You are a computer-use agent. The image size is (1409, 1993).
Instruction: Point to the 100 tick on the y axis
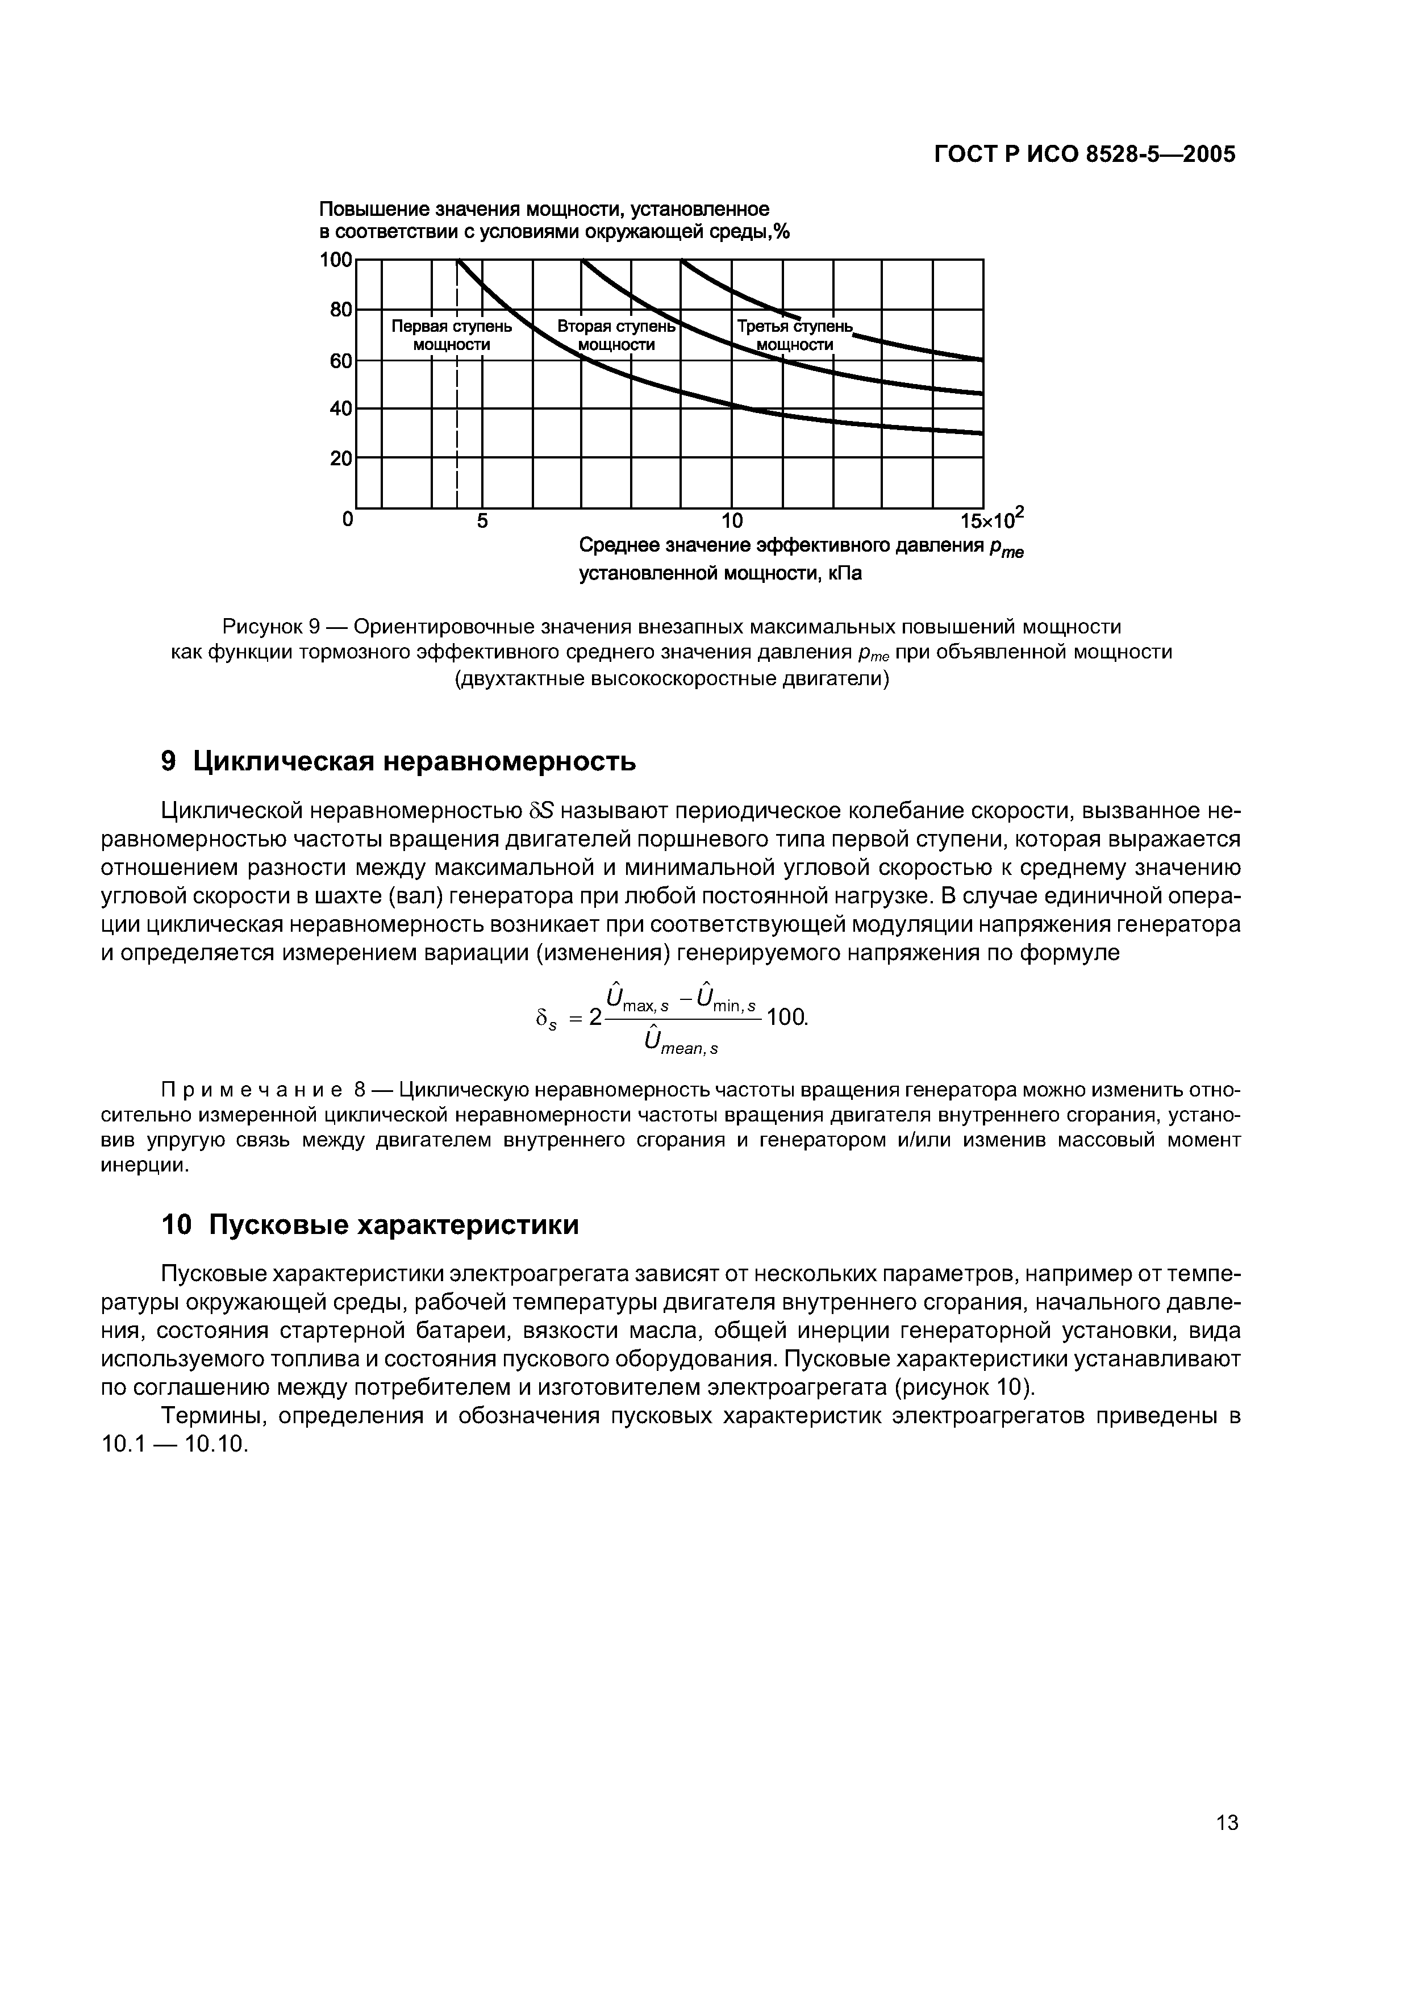coord(335,260)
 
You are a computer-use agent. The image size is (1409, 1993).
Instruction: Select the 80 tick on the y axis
coord(340,310)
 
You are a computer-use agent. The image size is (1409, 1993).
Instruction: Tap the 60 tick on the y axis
coord(340,360)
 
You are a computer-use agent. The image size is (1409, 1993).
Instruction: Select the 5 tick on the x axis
coord(483,521)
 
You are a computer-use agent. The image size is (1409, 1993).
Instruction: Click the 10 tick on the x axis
coord(733,521)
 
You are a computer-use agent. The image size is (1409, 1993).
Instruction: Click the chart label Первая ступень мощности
coord(452,336)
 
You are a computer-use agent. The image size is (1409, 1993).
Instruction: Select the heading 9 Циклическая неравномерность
coord(399,761)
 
